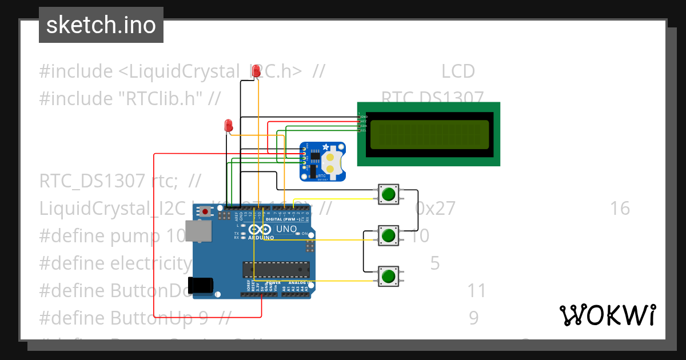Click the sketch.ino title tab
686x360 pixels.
click(101, 25)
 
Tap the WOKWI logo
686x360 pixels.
click(607, 315)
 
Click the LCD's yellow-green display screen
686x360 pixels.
click(429, 134)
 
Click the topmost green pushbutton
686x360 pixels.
click(389, 194)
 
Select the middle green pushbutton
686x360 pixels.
click(389, 235)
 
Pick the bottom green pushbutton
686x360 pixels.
click(389, 277)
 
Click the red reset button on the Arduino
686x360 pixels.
click(205, 211)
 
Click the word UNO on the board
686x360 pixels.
click(286, 229)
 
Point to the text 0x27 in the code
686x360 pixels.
click(435, 209)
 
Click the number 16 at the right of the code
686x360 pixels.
click(620, 209)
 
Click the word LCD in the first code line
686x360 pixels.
click(458, 71)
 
